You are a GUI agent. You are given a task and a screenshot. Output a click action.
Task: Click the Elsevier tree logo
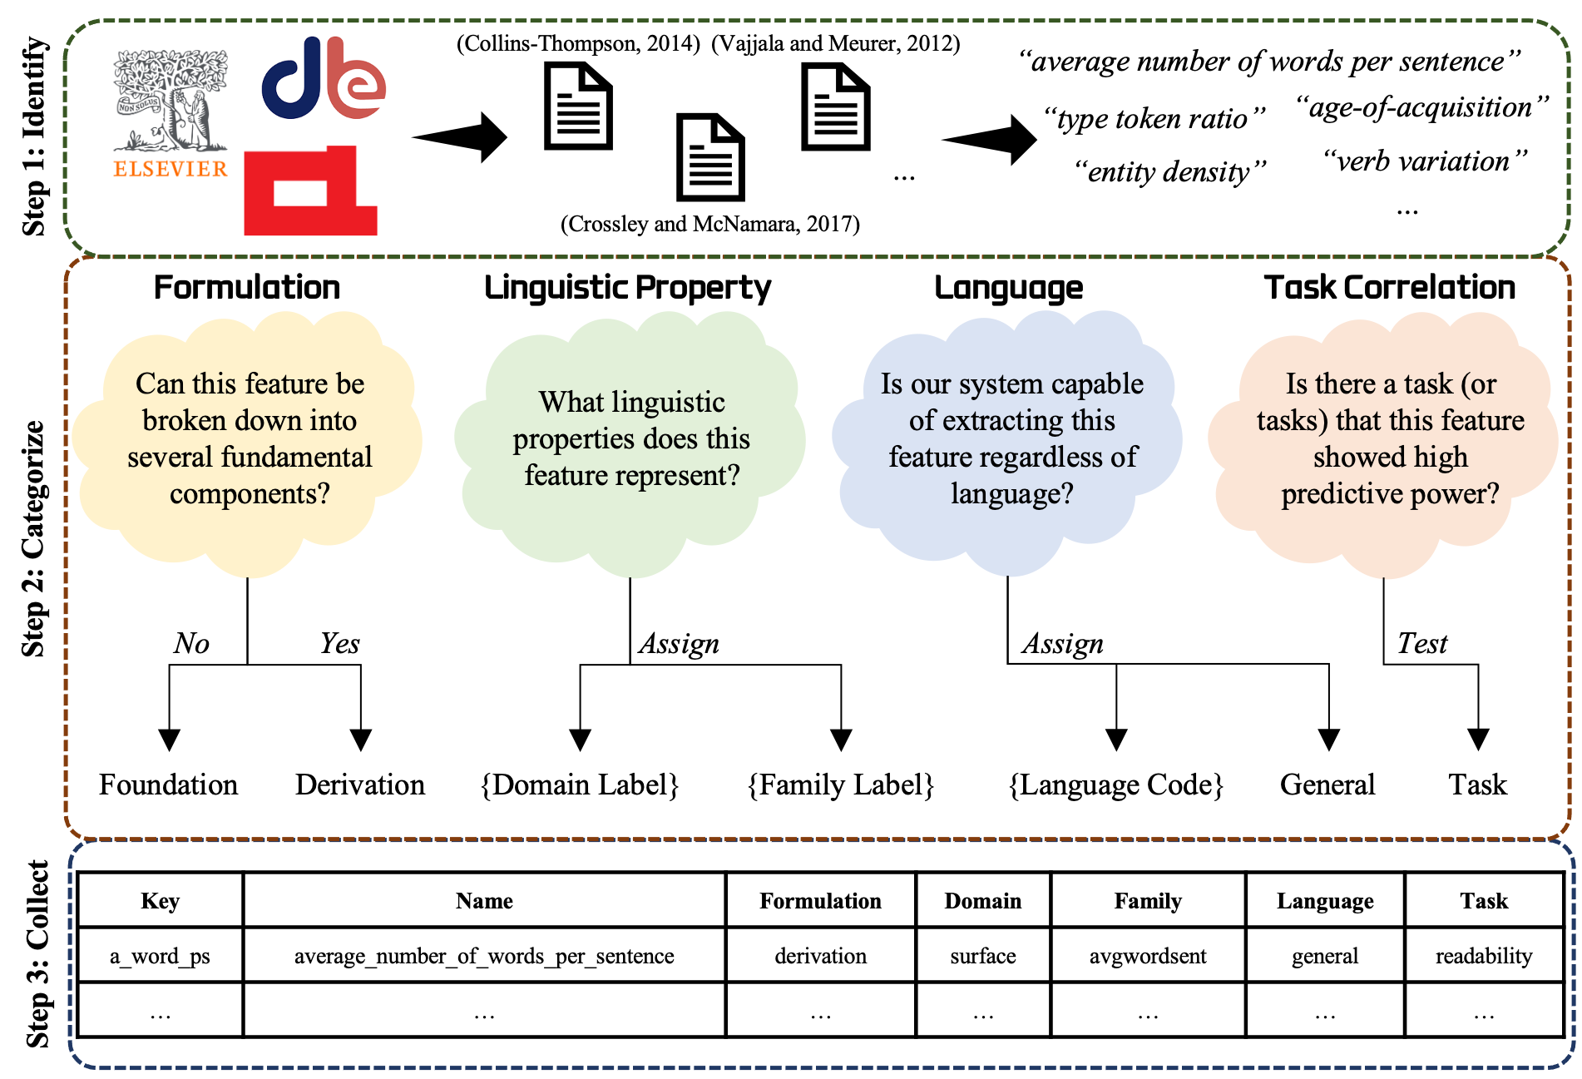click(x=171, y=100)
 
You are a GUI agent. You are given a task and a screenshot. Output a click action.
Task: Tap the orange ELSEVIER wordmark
click(x=171, y=169)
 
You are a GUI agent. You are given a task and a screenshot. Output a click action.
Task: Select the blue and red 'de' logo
click(x=323, y=78)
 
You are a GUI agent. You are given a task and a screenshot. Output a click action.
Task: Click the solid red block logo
click(x=310, y=192)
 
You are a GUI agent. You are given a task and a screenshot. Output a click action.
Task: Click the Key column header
click(x=161, y=901)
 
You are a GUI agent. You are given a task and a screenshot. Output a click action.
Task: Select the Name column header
click(x=484, y=901)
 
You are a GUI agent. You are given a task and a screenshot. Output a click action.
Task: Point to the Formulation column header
click(x=820, y=901)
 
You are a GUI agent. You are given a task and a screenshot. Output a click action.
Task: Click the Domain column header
click(x=983, y=901)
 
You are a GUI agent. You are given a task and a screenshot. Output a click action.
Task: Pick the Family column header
click(x=1148, y=901)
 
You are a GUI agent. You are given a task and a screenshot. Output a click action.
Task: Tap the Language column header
click(x=1325, y=901)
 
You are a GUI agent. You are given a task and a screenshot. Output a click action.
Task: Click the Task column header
click(x=1484, y=901)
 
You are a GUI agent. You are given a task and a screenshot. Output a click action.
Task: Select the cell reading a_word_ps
click(x=161, y=956)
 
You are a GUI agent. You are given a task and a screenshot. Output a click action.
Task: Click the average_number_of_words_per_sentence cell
click(x=484, y=956)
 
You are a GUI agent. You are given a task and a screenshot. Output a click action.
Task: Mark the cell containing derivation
click(x=820, y=956)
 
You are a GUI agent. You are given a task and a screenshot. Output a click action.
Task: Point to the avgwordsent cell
click(x=1148, y=956)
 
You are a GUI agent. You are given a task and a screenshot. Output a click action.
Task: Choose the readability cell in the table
click(x=1484, y=956)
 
